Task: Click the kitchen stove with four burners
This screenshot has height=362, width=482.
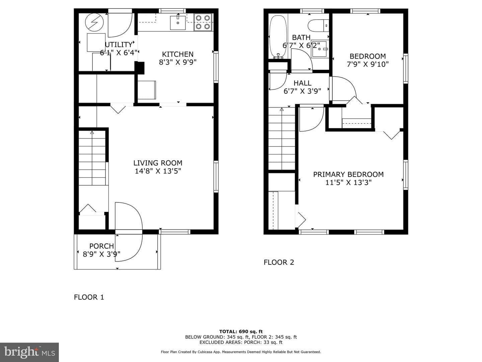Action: (203, 22)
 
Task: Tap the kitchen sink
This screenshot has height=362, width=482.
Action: (178, 22)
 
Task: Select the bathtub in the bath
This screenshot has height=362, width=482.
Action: (278, 37)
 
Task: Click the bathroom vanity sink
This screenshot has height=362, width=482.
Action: (320, 49)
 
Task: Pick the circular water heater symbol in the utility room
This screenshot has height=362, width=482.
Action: (94, 22)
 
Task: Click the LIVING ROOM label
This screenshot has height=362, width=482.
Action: (158, 163)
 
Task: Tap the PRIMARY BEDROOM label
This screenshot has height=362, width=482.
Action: (348, 174)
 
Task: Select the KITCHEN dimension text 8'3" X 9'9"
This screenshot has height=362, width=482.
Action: (177, 62)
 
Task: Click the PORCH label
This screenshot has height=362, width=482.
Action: (101, 246)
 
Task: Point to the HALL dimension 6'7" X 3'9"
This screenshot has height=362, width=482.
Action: (302, 91)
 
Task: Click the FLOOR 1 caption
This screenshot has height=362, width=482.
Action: (89, 297)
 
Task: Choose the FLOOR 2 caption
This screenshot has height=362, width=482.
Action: (279, 262)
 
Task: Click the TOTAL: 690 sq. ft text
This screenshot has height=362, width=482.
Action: (241, 331)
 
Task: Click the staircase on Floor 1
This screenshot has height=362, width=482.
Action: (92, 158)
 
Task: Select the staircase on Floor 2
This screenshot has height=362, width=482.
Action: (282, 138)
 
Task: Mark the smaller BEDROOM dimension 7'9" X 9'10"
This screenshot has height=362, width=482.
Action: (368, 64)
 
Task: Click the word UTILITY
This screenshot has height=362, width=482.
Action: (119, 45)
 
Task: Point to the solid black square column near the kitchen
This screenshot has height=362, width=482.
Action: (139, 68)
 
